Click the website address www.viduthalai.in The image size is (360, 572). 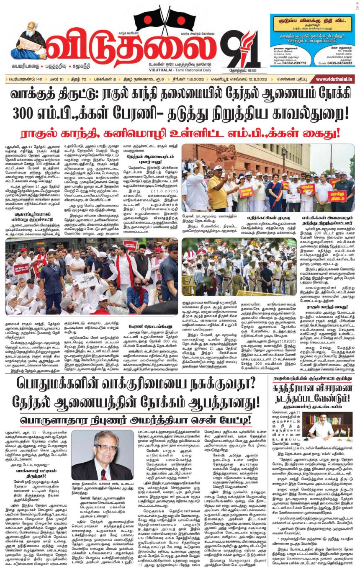point(334,79)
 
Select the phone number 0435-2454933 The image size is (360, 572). point(337,62)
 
